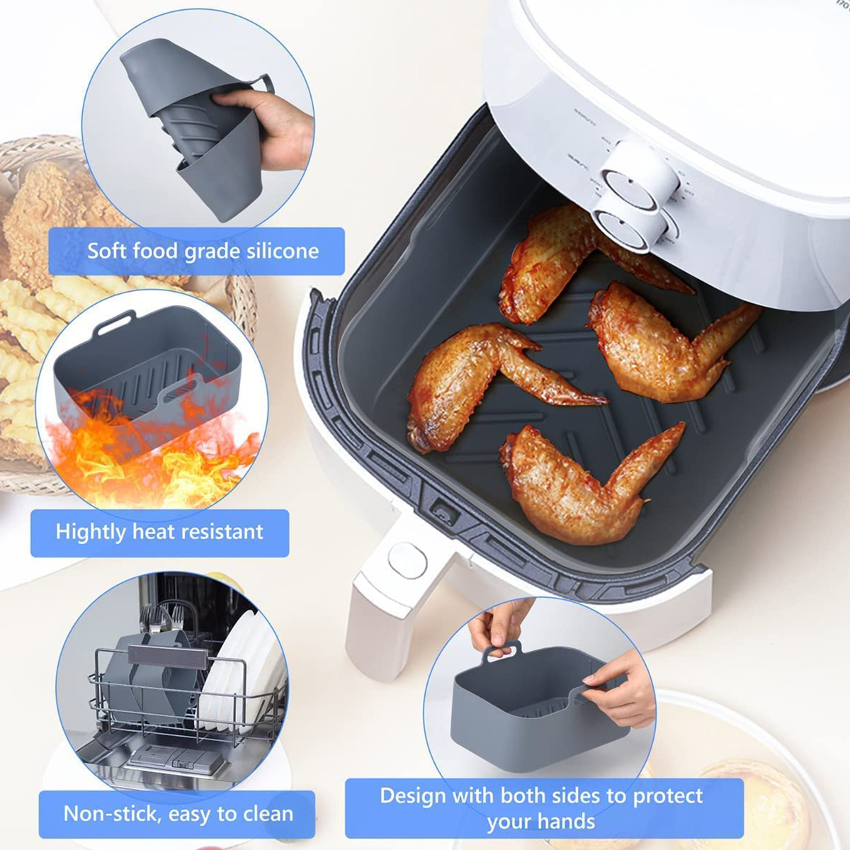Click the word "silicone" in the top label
coord(283,251)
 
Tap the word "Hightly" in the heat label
coord(91,532)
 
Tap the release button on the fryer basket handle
coord(407,561)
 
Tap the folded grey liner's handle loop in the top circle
coord(263,83)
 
